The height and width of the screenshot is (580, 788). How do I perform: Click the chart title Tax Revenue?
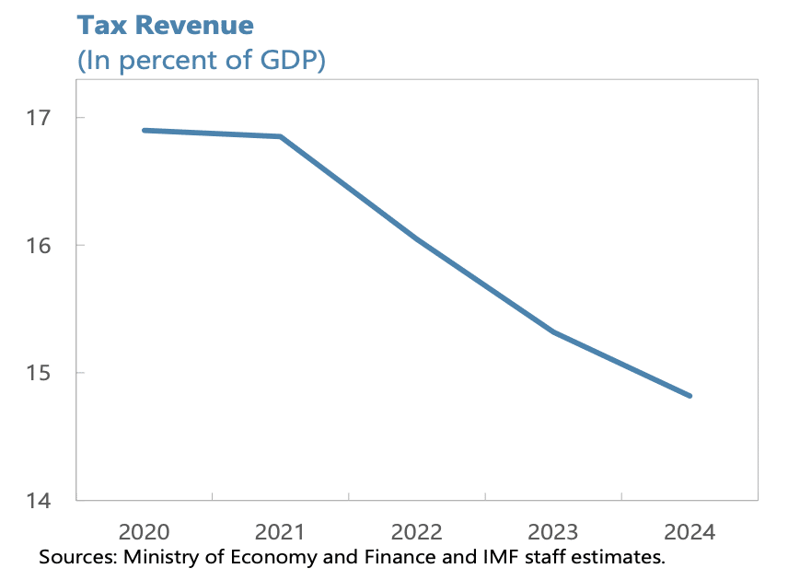(x=164, y=24)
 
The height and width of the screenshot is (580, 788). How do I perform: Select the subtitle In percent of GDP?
(x=201, y=61)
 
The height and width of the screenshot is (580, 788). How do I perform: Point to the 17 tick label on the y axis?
(x=40, y=118)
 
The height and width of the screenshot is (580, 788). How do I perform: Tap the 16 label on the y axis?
(x=40, y=245)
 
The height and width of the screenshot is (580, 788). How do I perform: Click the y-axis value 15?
(x=40, y=373)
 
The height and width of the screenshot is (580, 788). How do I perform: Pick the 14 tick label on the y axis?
(x=40, y=501)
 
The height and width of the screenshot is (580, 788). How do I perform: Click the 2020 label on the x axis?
(x=145, y=532)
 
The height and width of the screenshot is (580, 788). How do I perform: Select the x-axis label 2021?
(x=280, y=532)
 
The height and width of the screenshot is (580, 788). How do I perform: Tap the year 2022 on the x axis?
(x=417, y=532)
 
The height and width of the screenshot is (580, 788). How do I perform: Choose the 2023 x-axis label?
(x=553, y=532)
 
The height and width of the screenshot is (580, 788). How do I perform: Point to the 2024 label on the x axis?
(x=689, y=532)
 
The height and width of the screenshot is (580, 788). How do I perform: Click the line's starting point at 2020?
(x=145, y=130)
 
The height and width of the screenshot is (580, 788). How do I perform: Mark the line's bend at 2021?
(x=280, y=136)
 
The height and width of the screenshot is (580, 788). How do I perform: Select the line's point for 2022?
(x=417, y=239)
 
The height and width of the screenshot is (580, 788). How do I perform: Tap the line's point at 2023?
(x=553, y=331)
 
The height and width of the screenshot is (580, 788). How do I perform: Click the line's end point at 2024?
(x=689, y=396)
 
